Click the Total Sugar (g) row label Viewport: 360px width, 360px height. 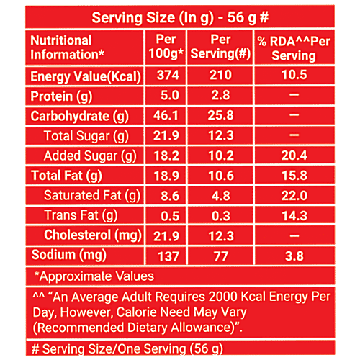tap(86, 135)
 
